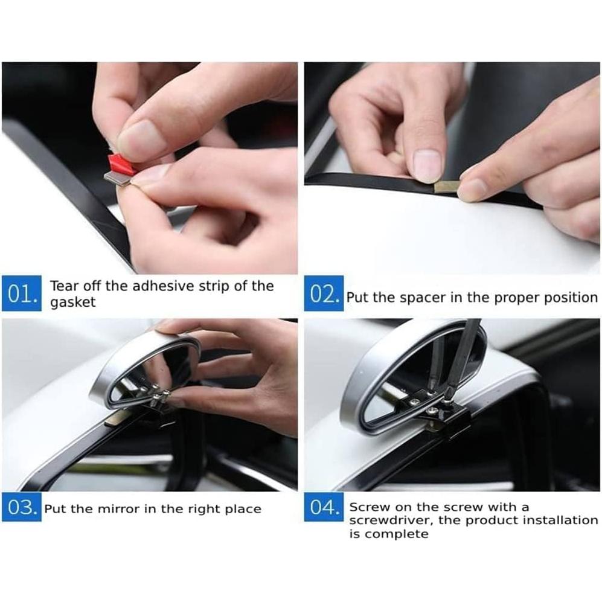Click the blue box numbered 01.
(x=21, y=293)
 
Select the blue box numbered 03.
(x=21, y=508)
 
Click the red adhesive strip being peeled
(x=120, y=164)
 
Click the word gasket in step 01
(x=72, y=303)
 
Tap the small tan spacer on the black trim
(x=446, y=186)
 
